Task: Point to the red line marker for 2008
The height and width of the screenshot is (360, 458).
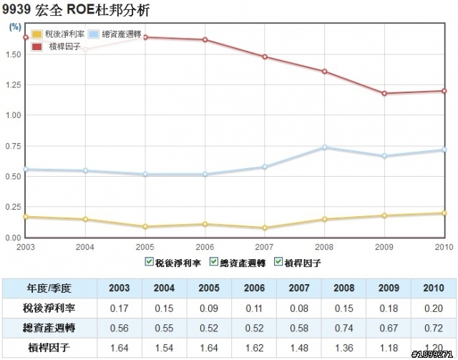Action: point(325,72)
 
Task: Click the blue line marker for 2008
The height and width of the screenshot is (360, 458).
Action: point(325,147)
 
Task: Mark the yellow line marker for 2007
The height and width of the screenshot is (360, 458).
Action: point(265,228)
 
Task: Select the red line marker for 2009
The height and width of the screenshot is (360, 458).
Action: point(384,93)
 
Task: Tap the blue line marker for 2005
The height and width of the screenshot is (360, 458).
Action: point(145,174)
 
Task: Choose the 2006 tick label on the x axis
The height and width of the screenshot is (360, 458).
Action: point(205,245)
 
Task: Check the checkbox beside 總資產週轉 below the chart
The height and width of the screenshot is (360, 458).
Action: point(214,261)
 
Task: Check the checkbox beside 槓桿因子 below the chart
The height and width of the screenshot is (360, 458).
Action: point(279,261)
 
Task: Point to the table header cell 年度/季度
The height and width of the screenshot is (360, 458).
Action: point(49,288)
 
